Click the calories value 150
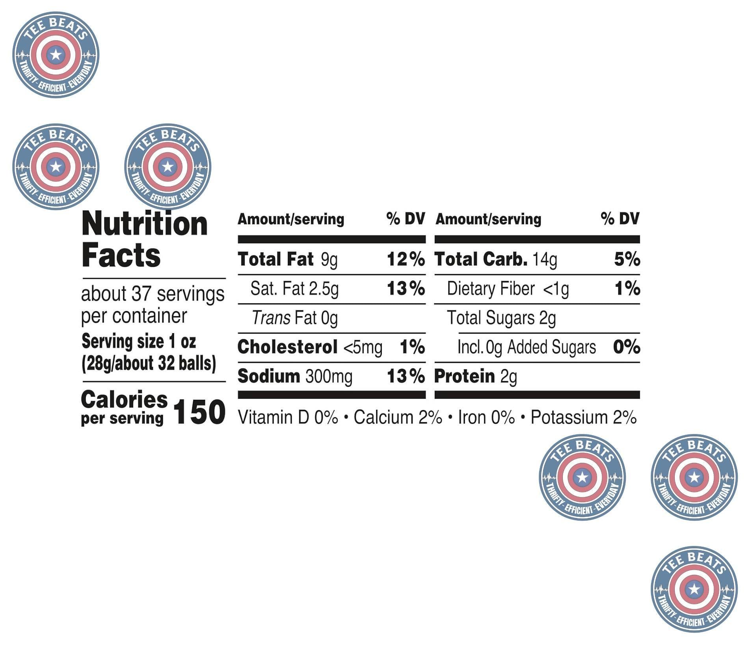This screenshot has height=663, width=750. pyautogui.click(x=199, y=412)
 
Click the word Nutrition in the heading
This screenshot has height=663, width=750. pyautogui.click(x=144, y=223)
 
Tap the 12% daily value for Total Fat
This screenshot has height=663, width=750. pyautogui.click(x=406, y=259)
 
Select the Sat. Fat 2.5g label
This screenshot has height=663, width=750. pyautogui.click(x=294, y=289)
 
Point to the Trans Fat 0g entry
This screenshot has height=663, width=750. pyautogui.click(x=294, y=318)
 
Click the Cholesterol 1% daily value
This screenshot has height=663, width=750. pyautogui.click(x=412, y=347)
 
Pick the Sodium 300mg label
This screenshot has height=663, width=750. pyautogui.click(x=295, y=376)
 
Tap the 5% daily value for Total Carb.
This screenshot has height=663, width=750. pyautogui.click(x=627, y=259)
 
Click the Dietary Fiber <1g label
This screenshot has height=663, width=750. pyautogui.click(x=508, y=289)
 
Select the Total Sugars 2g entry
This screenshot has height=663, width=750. pyautogui.click(x=501, y=318)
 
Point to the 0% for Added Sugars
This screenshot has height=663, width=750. pyautogui.click(x=626, y=347)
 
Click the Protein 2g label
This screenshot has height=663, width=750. pyautogui.click(x=475, y=376)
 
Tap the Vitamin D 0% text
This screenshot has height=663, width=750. pyautogui.click(x=288, y=417)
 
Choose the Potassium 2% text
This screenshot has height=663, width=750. pyautogui.click(x=583, y=417)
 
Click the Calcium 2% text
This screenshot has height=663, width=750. pyautogui.click(x=397, y=417)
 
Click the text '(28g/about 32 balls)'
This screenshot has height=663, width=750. pyautogui.click(x=149, y=363)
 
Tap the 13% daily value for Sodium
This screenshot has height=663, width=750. pyautogui.click(x=406, y=376)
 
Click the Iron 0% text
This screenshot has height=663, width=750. pyautogui.click(x=486, y=417)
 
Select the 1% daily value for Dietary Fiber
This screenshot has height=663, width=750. pyautogui.click(x=627, y=289)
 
